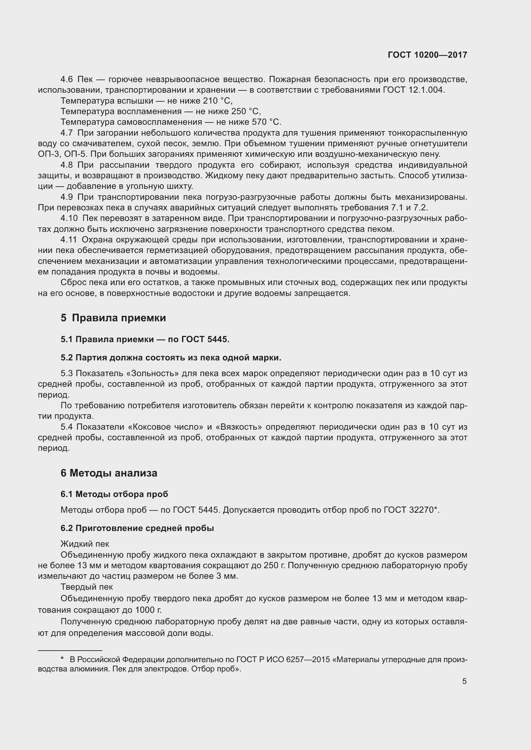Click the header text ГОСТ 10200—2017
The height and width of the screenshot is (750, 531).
427,55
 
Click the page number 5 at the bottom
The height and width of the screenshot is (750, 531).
464,681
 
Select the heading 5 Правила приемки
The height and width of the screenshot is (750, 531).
113,318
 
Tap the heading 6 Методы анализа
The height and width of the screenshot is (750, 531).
109,473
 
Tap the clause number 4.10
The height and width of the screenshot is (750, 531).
69,218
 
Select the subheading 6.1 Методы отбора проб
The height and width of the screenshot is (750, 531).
114,494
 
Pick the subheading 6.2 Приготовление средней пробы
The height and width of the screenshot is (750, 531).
137,528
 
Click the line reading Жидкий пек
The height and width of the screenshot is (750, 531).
85,544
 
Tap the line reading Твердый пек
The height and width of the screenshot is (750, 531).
87,587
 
